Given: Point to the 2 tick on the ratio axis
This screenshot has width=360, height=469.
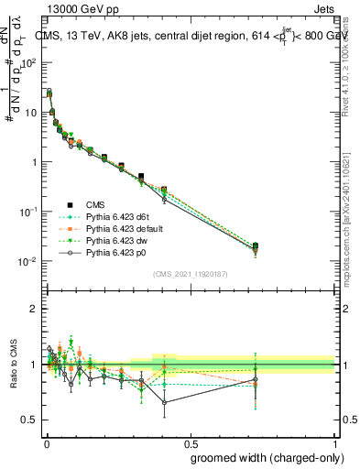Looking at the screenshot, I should pyautogui.click(x=34, y=309).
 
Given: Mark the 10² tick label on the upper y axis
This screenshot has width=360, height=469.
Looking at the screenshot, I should pyautogui.click(x=27, y=63).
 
